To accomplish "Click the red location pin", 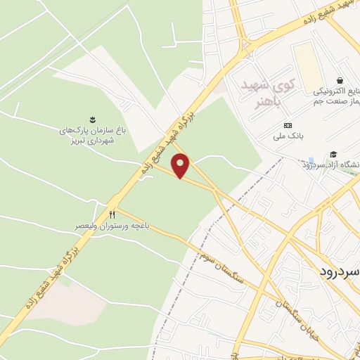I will point(181,165).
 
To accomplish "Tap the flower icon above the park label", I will point(91,119).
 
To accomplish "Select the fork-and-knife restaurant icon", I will point(111,214).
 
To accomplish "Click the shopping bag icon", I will point(340,80).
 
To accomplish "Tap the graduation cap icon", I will point(333,154).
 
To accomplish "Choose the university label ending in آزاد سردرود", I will point(330,165).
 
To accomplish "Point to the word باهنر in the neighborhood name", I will point(266,101).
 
